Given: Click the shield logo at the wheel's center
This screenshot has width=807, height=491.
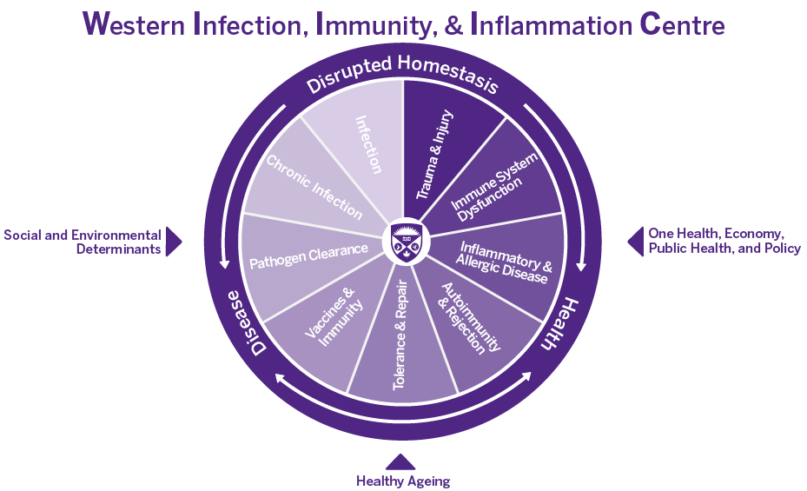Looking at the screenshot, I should coord(403,241).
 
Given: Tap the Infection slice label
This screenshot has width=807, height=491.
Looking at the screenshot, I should coord(369,144).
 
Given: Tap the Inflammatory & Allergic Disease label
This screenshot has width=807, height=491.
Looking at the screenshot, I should coord(506,262).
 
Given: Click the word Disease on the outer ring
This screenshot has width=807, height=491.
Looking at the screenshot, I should coord(247,322).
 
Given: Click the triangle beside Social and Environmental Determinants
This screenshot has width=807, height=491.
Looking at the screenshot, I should coord(174,242).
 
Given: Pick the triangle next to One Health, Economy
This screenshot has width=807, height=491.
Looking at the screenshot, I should coord(633,242).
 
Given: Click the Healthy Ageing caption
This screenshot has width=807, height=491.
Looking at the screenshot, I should coord(403,481).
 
